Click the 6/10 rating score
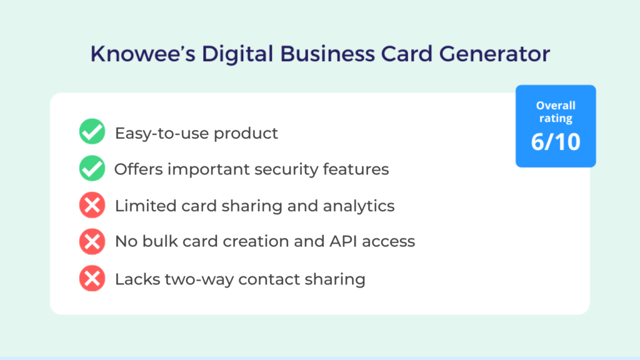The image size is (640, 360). tap(556, 142)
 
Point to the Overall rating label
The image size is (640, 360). tap(556, 112)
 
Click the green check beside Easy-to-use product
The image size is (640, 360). tap(92, 132)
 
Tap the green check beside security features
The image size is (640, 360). tap(92, 169)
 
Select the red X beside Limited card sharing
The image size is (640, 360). tap(92, 206)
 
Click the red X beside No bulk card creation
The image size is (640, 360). tap(92, 242)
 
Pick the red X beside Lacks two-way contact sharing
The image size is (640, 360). tap(92, 278)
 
